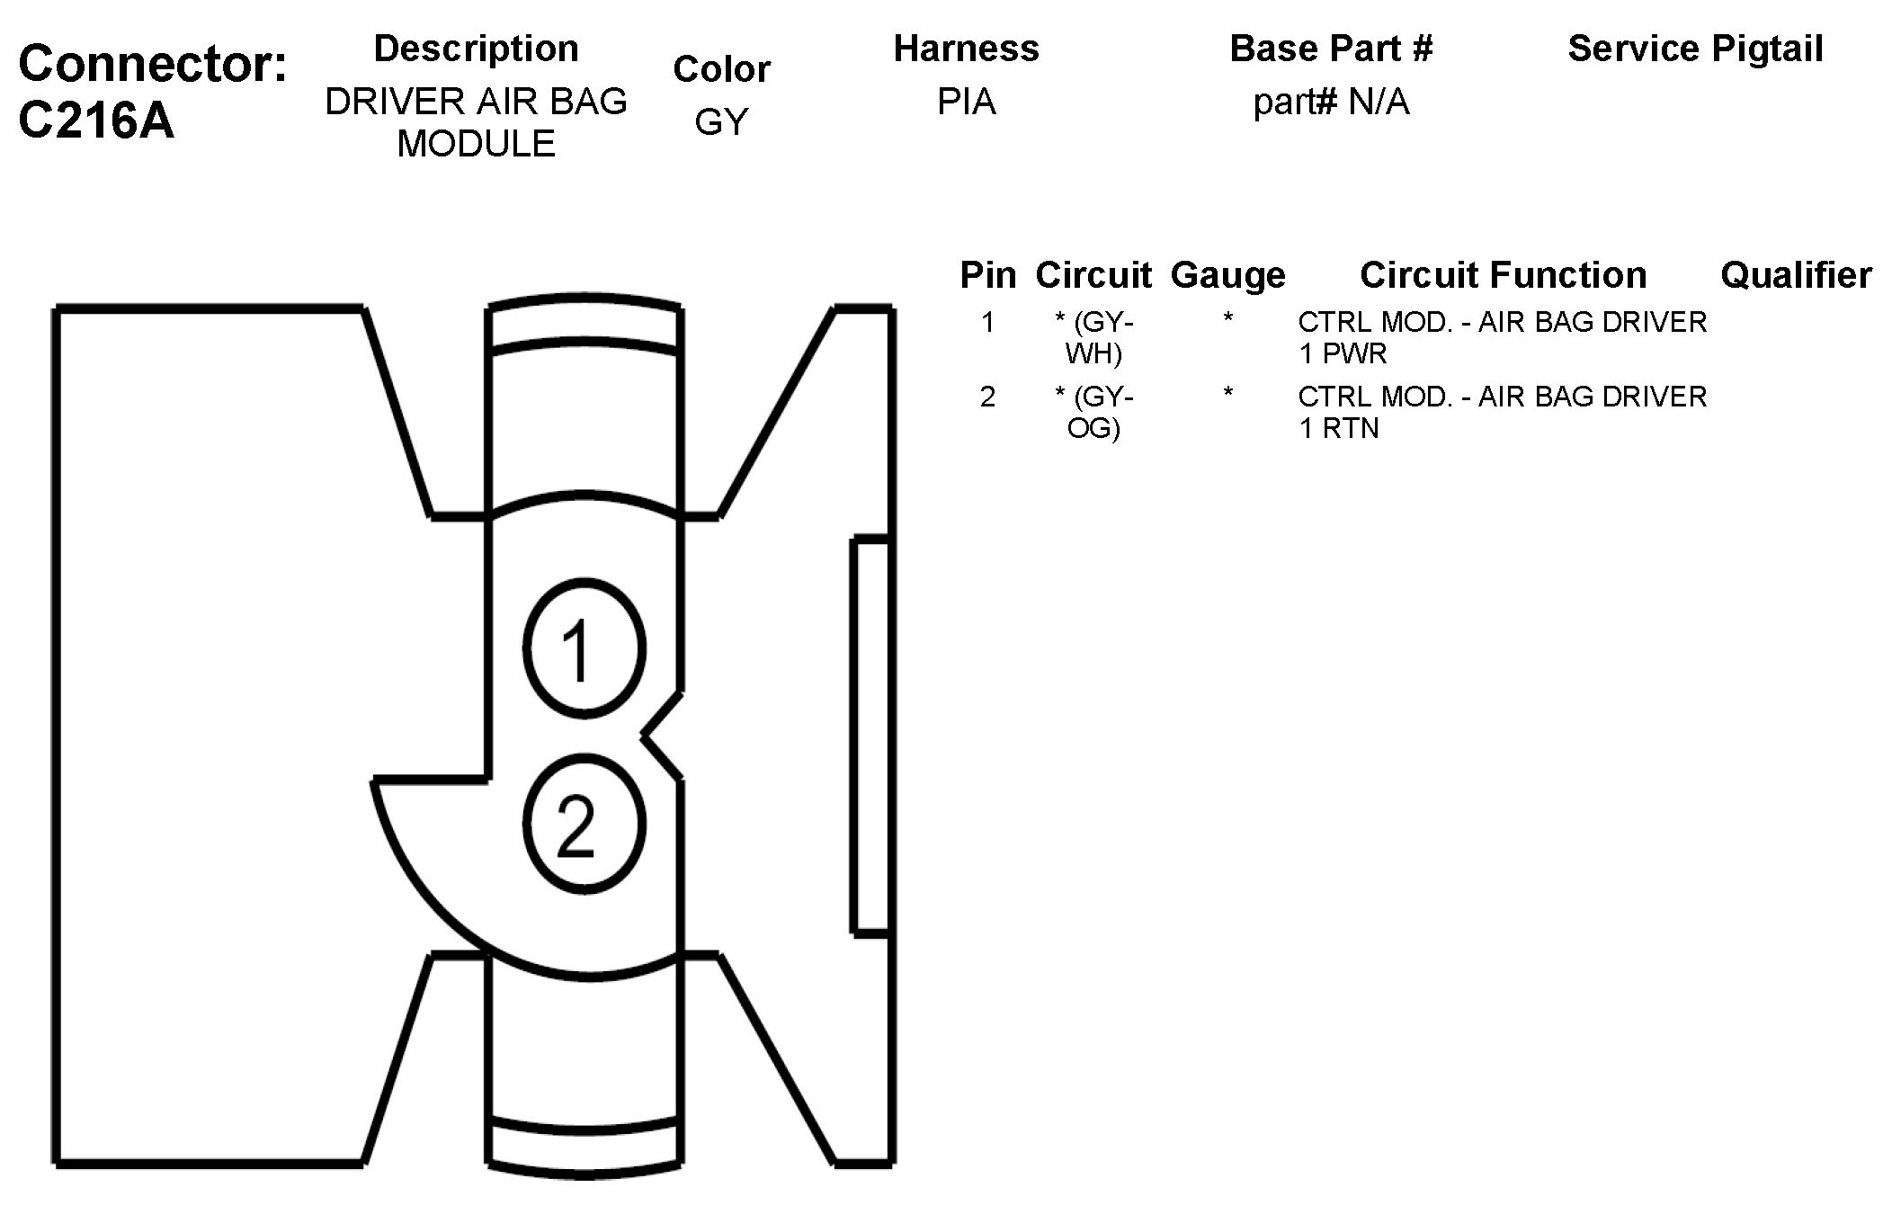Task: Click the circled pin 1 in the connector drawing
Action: [584, 648]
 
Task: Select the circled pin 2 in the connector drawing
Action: [584, 824]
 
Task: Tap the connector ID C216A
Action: [96, 120]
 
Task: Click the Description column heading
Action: [476, 49]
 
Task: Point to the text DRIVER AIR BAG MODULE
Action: [476, 122]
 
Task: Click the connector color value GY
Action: [721, 121]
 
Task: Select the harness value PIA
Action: [966, 102]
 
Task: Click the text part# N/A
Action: [1331, 103]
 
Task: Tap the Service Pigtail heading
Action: [1695, 49]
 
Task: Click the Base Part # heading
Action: [1331, 49]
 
